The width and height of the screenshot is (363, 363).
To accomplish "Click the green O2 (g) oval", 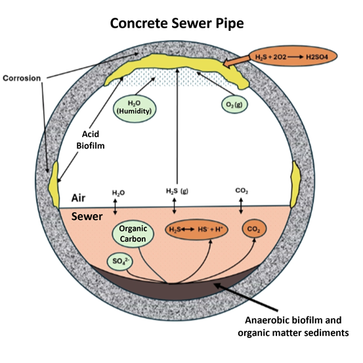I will point(234,104).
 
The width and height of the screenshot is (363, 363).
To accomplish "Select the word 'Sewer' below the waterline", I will point(85,215).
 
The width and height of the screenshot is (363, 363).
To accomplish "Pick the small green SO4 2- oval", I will point(119,263).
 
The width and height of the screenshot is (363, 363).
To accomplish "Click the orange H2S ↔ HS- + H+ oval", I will point(192,230).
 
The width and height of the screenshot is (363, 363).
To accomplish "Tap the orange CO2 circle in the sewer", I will point(253,230).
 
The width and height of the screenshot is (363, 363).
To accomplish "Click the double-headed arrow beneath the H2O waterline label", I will point(116,206).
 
